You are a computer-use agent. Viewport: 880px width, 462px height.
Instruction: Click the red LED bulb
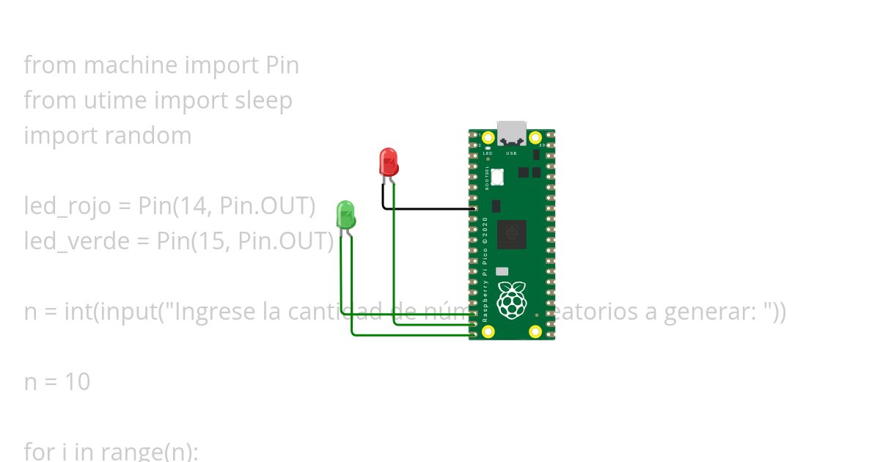(389, 161)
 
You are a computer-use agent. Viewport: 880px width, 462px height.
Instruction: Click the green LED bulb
(345, 214)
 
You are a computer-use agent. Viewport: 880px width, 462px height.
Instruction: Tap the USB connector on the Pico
(512, 133)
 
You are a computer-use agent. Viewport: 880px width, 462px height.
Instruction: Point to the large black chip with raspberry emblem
(511, 234)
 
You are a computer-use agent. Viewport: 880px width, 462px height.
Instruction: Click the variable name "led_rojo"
(67, 207)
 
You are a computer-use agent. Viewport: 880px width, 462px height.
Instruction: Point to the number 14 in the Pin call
(185, 207)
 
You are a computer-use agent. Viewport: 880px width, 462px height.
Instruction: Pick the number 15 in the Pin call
(204, 241)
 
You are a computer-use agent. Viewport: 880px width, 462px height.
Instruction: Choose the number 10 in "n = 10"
(77, 382)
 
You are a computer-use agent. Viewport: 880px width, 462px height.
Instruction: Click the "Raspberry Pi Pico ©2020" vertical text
(485, 271)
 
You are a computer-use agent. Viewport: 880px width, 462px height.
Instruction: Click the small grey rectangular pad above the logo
(502, 271)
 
